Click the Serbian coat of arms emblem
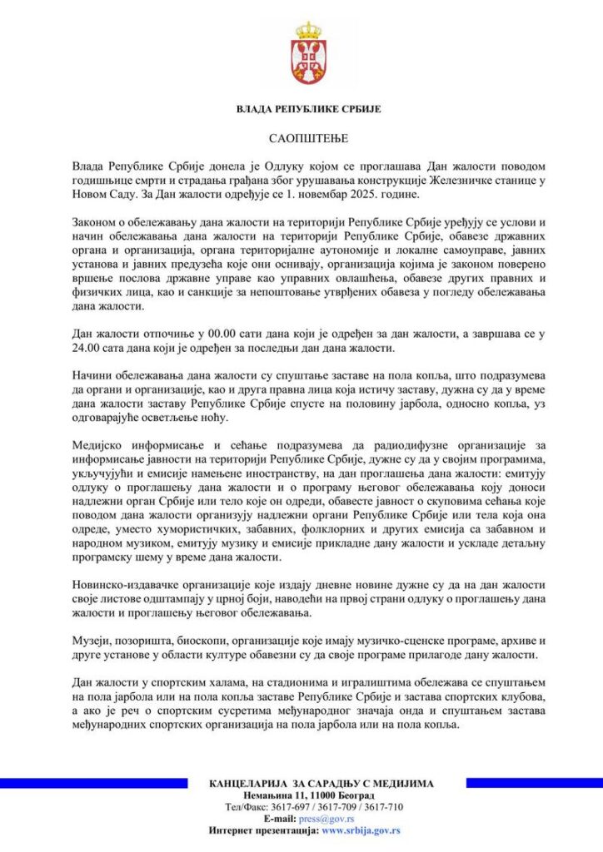(x=308, y=54)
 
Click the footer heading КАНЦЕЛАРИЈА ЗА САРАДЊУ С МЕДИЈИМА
(x=321, y=783)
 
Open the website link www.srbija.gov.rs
(x=361, y=830)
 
